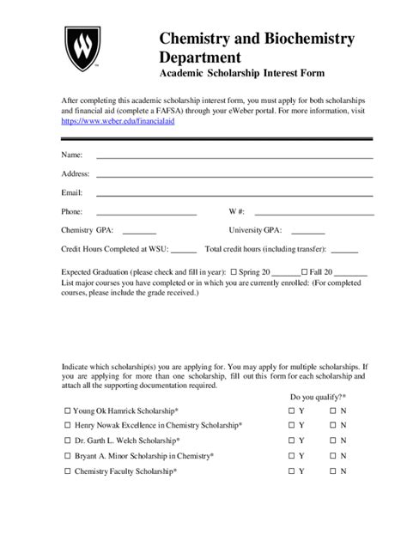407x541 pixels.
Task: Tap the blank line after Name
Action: click(x=234, y=156)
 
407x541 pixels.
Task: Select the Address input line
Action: click(x=234, y=174)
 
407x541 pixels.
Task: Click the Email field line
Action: click(x=234, y=193)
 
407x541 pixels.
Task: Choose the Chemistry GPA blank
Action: click(x=140, y=231)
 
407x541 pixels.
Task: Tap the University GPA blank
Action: click(x=308, y=231)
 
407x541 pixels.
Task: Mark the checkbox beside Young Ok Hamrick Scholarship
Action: click(x=68, y=411)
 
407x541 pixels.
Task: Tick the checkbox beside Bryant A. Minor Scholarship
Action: click(x=68, y=456)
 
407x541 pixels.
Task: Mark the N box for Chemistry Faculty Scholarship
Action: click(x=333, y=471)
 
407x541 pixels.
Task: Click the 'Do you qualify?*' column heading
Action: click(x=317, y=397)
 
